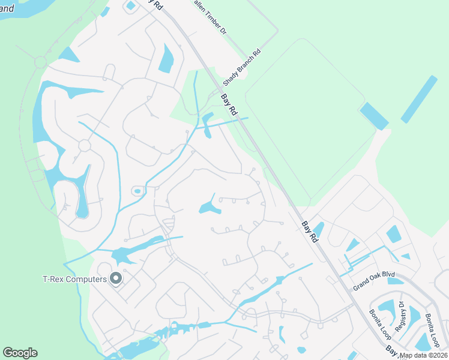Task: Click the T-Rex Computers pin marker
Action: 116,278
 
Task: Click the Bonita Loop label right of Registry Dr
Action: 432,330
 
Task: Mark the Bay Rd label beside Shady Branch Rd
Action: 229,104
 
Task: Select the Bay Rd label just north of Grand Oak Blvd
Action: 310,232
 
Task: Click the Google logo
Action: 20,353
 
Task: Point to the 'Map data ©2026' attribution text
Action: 424,355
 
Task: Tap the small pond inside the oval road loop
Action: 137,191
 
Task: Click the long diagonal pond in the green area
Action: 418,99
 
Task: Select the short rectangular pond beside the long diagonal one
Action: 374,116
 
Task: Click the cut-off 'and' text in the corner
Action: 7,8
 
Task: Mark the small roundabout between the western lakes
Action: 84,146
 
